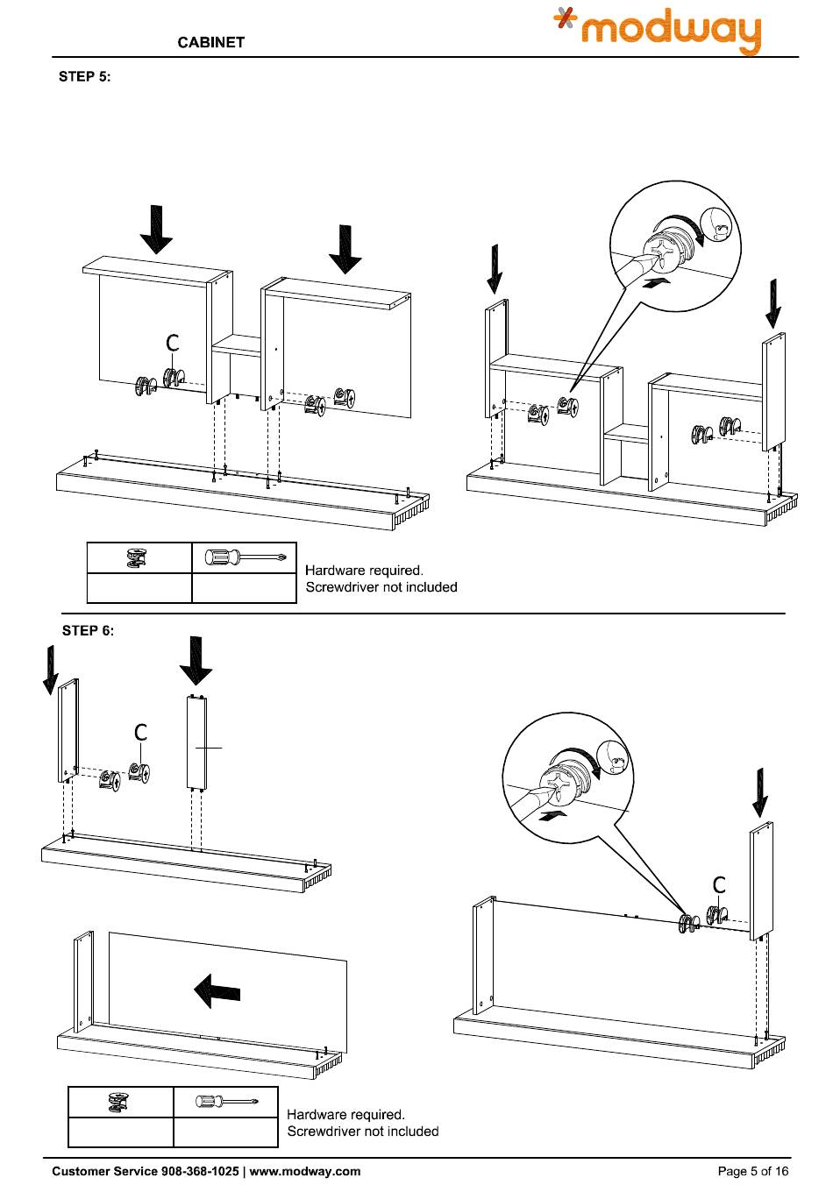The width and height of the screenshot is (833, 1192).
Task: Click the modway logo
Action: tap(658, 32)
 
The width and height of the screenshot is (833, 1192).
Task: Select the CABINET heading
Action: tap(210, 42)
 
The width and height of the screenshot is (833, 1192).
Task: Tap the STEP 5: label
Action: tap(84, 76)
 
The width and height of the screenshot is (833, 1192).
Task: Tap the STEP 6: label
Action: tap(88, 630)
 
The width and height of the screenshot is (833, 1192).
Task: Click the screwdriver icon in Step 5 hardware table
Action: tap(245, 557)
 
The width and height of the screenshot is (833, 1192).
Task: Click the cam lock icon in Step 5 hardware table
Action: tap(138, 557)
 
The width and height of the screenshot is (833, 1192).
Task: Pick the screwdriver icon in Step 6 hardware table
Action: tap(225, 1100)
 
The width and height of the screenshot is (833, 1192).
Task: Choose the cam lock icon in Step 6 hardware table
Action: tap(119, 1102)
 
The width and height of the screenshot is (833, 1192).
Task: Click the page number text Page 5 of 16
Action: tap(753, 1171)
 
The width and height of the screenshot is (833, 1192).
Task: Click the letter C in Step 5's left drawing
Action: tap(174, 343)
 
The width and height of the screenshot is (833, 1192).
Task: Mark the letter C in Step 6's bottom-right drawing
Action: tap(719, 885)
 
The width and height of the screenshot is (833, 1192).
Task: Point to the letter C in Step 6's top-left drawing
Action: tap(140, 732)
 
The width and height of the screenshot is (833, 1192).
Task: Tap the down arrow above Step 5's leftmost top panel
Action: tap(156, 230)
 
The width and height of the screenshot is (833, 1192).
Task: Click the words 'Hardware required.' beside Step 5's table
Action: tap(364, 571)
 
